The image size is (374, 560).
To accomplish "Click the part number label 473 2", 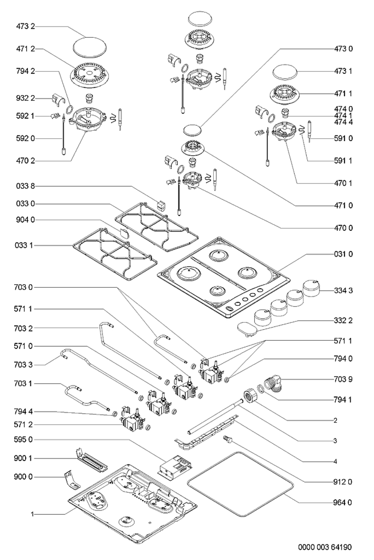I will point(26,27).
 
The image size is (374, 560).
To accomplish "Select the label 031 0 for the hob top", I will point(343,254).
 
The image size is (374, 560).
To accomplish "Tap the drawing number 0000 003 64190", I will point(325,547).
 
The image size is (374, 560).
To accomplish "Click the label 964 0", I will point(343,502).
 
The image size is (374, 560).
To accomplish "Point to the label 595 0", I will point(24,440).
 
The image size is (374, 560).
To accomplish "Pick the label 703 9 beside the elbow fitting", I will point(343,379).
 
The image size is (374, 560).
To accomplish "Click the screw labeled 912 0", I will point(227,440).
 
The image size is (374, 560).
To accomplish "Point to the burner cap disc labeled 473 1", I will point(285,72).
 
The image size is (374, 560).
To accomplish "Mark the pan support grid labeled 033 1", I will point(115,254).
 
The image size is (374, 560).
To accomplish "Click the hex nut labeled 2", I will point(251,396).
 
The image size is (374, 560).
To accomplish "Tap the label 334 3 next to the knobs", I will point(343,291).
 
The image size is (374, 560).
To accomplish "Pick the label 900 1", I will point(24,458).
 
